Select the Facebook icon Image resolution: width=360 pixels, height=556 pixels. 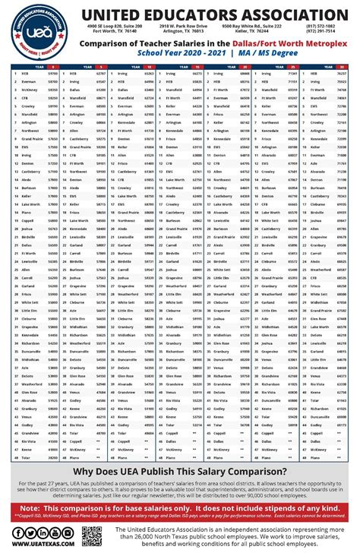point(17,532)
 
